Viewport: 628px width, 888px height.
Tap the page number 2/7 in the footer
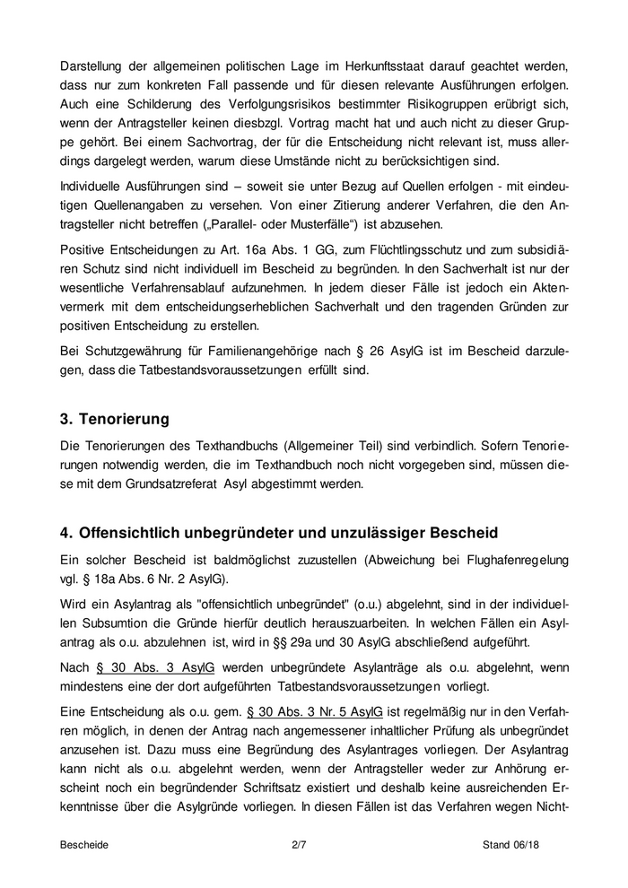[x=300, y=844]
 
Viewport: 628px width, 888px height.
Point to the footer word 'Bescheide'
[x=84, y=844]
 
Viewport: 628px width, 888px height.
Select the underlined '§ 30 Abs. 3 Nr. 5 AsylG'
[x=307, y=710]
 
